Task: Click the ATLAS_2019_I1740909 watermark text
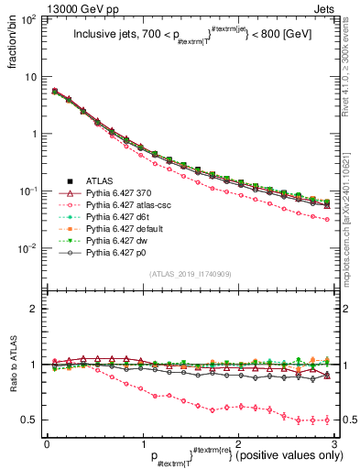(190, 274)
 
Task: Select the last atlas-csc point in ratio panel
(327, 420)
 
